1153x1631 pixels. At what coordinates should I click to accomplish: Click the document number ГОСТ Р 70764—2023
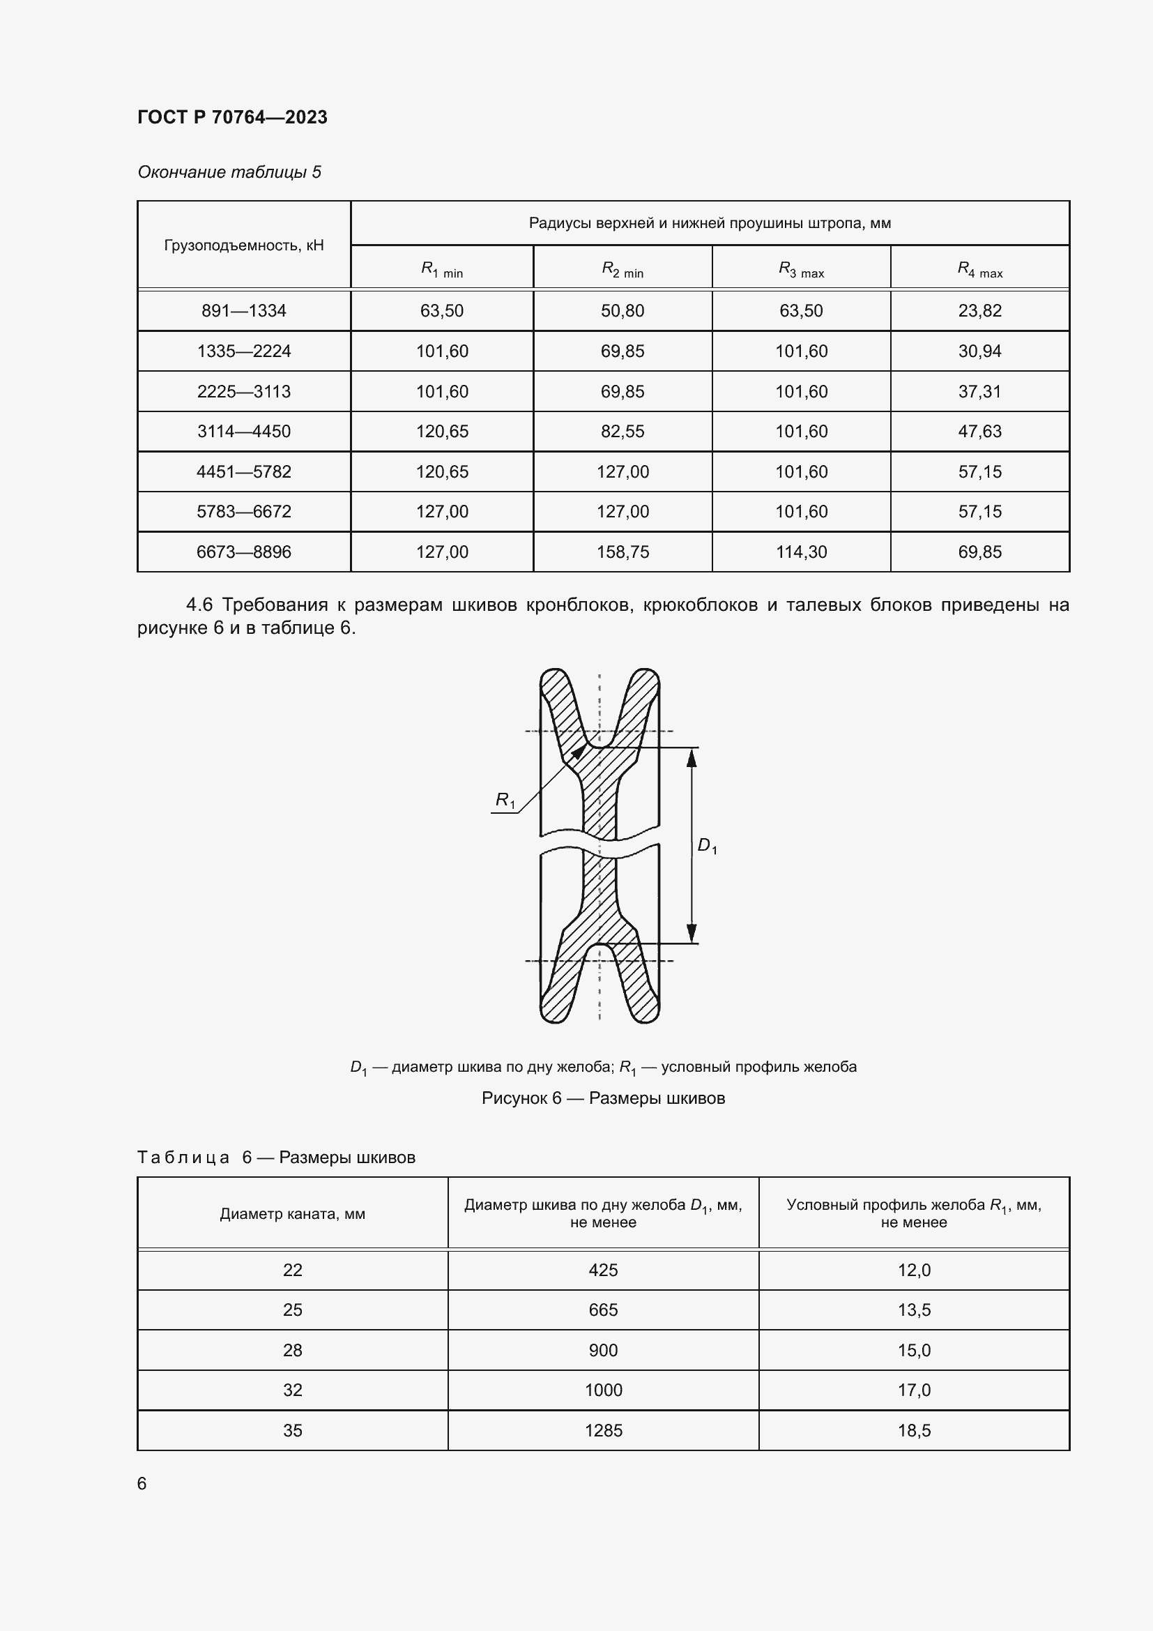pos(232,117)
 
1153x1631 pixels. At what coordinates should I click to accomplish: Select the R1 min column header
pos(441,269)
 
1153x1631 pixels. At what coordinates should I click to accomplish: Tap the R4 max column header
pos(979,269)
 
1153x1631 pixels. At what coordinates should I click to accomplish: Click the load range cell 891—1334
pos(243,310)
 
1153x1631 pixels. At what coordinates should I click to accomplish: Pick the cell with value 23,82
pos(979,310)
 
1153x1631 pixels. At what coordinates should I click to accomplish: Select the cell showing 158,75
pos(623,552)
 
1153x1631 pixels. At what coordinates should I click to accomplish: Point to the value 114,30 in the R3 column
pos(801,552)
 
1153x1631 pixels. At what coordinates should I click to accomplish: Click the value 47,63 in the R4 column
pos(979,431)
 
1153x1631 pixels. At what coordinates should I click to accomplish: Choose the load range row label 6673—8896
pos(243,552)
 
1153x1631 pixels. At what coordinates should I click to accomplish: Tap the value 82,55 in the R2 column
pos(623,431)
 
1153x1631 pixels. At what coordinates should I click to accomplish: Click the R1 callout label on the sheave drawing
pos(505,801)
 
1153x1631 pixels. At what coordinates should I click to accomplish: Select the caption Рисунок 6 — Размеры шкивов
pos(603,1098)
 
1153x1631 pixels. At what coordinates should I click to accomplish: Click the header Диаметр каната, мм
pos(293,1214)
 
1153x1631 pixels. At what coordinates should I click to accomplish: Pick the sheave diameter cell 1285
pos(603,1431)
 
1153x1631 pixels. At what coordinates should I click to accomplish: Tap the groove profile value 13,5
pos(914,1310)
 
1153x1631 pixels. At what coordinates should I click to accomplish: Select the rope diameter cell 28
pos(293,1351)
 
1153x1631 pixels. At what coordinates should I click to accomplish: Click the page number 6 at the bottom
pos(142,1484)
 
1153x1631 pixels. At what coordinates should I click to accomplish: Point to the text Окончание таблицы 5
pos(229,172)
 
